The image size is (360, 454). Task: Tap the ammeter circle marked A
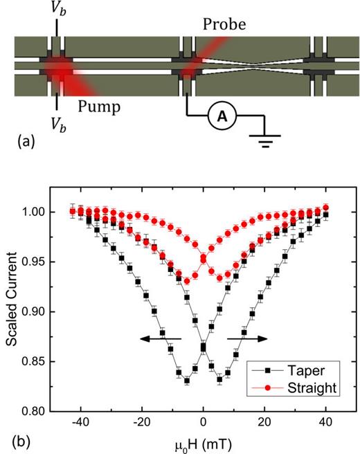(222, 118)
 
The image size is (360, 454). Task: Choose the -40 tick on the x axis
(80, 421)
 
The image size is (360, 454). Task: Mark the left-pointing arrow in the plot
(159, 338)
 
